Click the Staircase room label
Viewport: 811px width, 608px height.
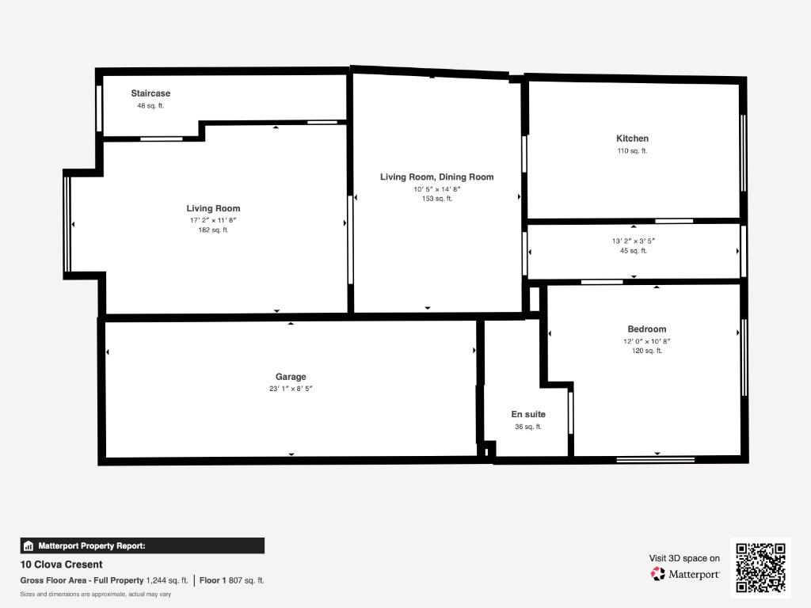click(150, 93)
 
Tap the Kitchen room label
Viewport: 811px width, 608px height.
click(632, 139)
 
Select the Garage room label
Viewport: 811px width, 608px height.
click(291, 377)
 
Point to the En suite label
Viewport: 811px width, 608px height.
click(528, 414)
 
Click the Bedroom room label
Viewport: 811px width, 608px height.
click(646, 329)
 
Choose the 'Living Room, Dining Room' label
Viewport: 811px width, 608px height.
click(437, 177)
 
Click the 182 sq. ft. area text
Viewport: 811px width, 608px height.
click(213, 230)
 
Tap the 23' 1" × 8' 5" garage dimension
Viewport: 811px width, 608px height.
click(291, 389)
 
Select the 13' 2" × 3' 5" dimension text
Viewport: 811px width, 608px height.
click(634, 241)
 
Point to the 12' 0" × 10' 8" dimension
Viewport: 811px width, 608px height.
click(646, 341)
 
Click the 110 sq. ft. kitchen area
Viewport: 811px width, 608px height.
click(632, 151)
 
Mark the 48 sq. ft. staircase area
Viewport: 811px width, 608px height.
click(150, 106)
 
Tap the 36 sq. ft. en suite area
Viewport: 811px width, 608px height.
click(528, 427)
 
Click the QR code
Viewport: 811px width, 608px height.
click(760, 568)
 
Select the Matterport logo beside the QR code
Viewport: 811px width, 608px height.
click(685, 574)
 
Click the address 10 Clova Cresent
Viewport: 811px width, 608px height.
click(61, 564)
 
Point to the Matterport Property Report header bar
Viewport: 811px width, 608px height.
click(143, 546)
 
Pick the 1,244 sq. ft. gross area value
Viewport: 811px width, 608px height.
click(167, 580)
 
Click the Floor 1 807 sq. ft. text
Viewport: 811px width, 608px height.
click(232, 580)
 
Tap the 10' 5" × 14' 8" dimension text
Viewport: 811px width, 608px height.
click(437, 189)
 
